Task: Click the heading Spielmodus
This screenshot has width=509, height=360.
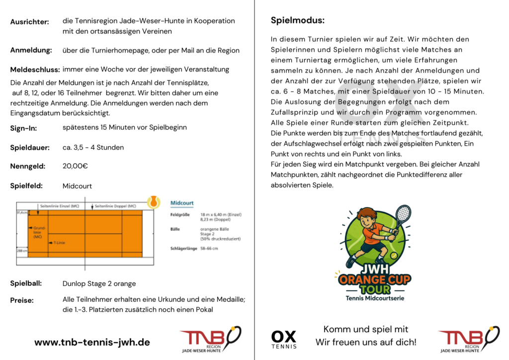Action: (297, 20)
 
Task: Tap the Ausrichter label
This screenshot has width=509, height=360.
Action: (29, 22)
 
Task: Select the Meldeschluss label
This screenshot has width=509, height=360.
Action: (35, 70)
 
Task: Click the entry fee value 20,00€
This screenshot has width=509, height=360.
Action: (75, 166)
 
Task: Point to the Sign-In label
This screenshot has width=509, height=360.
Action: (23, 128)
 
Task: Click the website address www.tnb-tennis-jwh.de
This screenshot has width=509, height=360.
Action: (92, 342)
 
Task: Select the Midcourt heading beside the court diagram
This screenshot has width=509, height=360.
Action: (182, 203)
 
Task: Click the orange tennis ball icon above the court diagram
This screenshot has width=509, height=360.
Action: (154, 202)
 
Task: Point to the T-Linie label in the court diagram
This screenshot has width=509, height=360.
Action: (59, 243)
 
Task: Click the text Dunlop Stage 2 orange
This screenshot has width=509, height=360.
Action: (99, 284)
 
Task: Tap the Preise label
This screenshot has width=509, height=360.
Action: (22, 300)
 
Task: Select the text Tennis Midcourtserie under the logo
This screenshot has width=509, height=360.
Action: (375, 298)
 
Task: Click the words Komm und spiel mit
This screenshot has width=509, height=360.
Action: (365, 329)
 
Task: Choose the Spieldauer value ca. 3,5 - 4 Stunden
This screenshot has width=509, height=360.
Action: (93, 147)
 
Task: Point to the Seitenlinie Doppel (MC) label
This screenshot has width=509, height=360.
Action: (115, 206)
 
